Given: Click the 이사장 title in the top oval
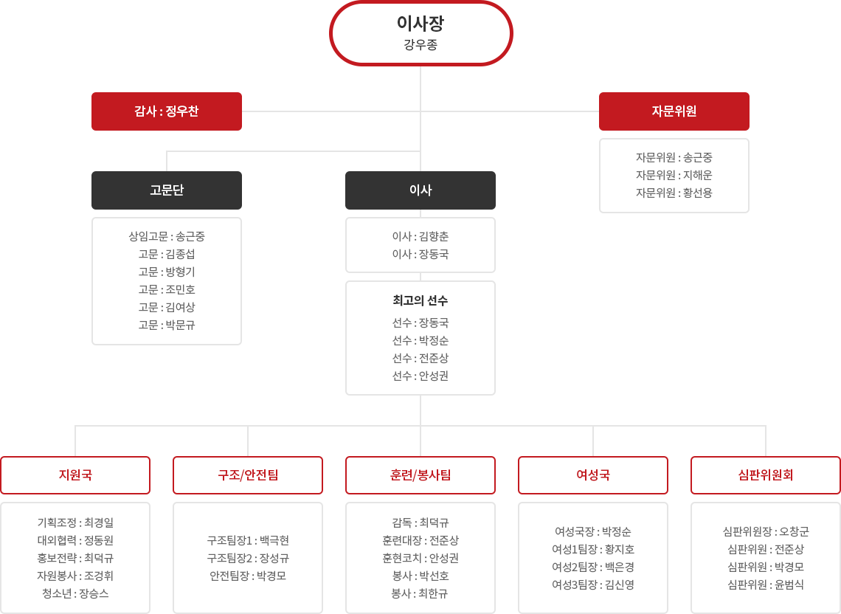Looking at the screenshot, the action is click(420, 23).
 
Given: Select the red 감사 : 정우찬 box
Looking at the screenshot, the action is click(167, 111).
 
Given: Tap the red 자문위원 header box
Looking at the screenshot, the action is click(674, 111).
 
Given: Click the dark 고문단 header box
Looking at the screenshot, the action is click(167, 190).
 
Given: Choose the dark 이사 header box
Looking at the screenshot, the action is click(420, 190).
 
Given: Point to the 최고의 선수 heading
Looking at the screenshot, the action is click(420, 300).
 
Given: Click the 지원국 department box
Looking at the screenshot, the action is click(76, 475).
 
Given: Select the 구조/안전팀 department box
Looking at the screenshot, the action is click(248, 475).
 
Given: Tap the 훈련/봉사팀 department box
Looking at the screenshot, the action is click(420, 475).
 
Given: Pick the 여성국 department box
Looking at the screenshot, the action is click(593, 475).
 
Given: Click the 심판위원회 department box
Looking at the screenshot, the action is click(766, 475).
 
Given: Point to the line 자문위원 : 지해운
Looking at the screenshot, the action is click(674, 175).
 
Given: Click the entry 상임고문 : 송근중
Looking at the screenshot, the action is click(167, 236).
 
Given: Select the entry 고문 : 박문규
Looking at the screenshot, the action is click(167, 325).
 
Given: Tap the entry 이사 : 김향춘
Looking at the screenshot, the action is click(420, 236).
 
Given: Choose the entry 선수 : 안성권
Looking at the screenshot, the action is click(420, 376).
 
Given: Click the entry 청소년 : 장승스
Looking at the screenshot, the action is click(76, 593).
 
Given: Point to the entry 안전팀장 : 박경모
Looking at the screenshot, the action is click(248, 576).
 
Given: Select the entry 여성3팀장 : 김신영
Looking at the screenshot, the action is click(593, 584).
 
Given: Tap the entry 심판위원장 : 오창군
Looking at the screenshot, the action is click(766, 531).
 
